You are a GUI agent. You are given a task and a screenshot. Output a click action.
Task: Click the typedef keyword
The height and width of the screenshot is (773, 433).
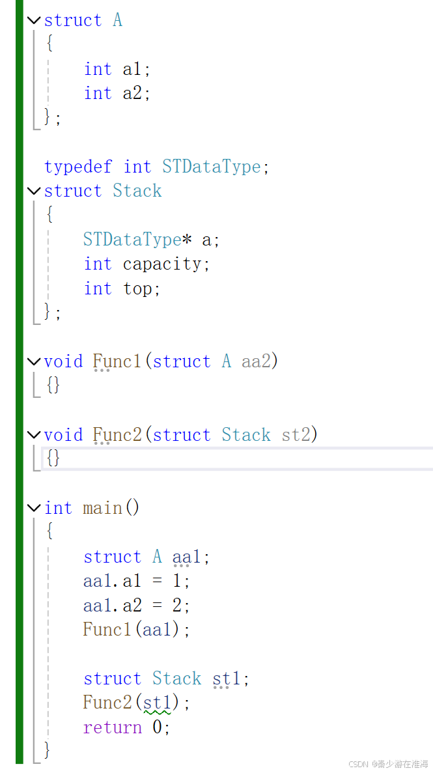78,167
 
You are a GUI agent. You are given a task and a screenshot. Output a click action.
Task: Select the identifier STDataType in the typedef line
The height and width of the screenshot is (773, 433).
212,167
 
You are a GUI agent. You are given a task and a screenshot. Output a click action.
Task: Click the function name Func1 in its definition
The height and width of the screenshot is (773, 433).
117,361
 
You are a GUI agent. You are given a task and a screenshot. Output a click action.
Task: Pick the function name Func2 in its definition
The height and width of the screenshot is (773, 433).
117,435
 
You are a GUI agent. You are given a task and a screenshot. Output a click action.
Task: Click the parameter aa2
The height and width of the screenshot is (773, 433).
257,361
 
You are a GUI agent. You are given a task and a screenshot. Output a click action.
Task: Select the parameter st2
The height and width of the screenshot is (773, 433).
296,435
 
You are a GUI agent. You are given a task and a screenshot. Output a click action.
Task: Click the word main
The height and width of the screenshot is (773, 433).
102,507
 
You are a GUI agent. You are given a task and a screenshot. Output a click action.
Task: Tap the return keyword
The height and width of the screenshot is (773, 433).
112,727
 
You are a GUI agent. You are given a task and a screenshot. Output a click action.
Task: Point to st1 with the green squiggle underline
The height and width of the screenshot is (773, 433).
157,703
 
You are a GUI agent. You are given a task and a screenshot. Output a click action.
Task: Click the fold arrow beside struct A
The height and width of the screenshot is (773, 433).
35,20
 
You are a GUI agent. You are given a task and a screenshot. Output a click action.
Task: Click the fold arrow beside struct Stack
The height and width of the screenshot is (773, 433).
35,191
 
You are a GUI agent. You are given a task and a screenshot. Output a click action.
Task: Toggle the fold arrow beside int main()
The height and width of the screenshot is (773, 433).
35,507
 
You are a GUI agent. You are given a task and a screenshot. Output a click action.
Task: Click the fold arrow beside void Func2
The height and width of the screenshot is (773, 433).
35,435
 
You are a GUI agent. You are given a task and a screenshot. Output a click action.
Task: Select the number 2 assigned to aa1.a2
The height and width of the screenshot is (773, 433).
176,606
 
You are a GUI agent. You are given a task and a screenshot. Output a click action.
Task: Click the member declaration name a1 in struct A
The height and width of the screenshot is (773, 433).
132,69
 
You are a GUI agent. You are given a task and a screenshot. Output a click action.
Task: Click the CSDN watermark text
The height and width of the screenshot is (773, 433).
388,764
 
